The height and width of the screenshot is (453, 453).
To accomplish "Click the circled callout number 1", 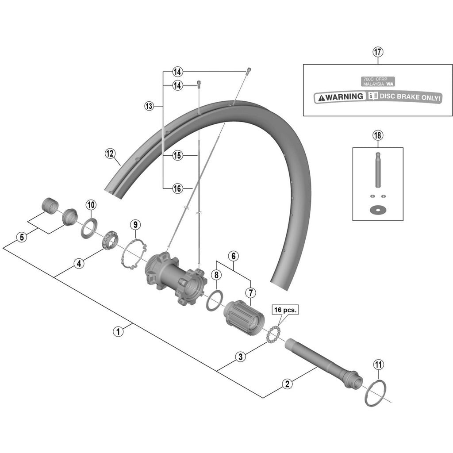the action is coord(118,331).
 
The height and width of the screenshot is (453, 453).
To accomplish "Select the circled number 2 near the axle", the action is coord(287,384).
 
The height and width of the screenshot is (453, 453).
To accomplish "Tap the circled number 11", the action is coord(379,365).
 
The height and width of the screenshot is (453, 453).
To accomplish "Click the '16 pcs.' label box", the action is coord(285,310).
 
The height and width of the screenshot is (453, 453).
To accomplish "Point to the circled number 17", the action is coord(378,52).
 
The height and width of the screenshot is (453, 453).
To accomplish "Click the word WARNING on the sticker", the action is coord(344,96).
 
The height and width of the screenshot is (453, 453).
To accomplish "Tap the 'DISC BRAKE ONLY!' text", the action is coord(410,97).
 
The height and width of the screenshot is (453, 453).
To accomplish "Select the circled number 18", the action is coord(378,135).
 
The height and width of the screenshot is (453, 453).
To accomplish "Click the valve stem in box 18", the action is coord(378,170).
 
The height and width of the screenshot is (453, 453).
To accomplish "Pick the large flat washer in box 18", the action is coord(378,209).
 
